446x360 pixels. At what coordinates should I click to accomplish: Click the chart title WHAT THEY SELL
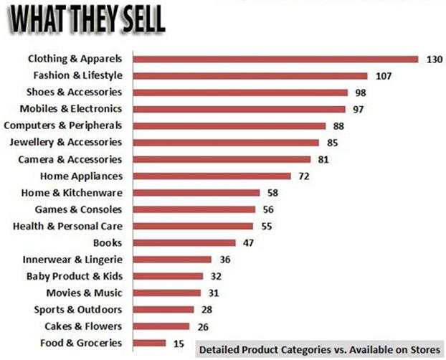tap(85, 19)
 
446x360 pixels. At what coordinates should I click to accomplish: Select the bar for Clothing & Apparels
tap(275, 59)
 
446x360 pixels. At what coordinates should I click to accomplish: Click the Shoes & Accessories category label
tap(74, 92)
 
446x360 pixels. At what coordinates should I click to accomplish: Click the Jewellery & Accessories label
tap(70, 142)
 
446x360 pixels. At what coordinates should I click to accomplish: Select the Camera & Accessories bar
tap(222, 159)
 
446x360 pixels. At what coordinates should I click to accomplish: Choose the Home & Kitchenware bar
tap(196, 192)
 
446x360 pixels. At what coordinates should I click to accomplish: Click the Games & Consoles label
tap(78, 209)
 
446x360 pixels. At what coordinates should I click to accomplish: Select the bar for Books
tap(184, 242)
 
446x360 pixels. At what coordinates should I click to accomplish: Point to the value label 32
tap(218, 276)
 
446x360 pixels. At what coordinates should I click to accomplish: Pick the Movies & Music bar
tap(166, 293)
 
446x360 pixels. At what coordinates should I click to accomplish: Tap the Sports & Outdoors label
tap(78, 309)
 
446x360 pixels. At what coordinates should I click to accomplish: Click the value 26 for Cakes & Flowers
tap(204, 326)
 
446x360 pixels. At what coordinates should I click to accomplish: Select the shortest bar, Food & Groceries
tap(149, 343)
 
